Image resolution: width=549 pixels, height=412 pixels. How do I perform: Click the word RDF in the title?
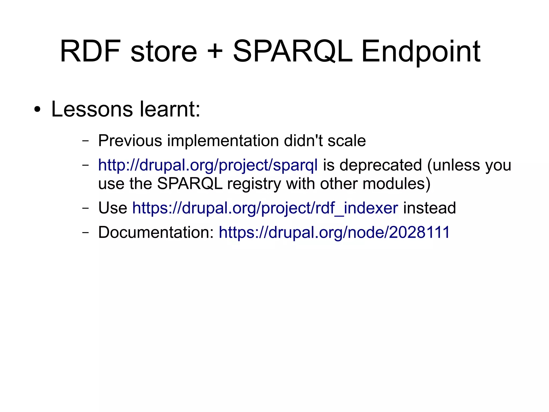90,51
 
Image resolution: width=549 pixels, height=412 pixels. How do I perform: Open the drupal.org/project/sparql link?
208,165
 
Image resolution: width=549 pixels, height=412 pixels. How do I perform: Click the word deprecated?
381,165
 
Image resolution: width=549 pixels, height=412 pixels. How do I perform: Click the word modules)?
396,184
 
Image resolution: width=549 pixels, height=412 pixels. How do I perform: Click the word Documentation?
156,232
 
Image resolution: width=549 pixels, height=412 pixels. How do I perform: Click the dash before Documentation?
86,232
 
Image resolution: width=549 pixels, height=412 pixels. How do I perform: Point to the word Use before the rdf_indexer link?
113,208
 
